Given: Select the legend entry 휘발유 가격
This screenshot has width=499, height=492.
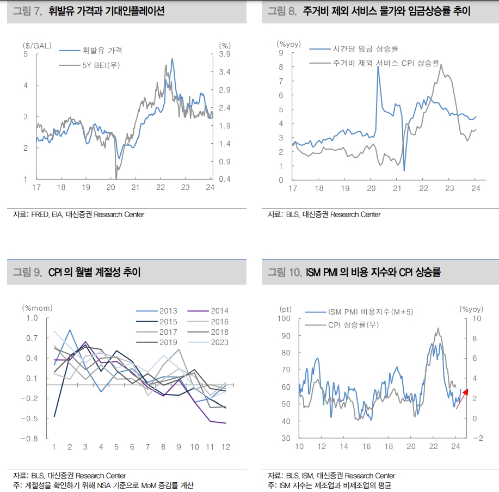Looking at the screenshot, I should [102, 51].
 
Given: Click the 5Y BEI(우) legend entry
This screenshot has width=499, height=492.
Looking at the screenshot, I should [101, 66].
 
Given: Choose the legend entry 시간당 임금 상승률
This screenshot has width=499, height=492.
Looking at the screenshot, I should [366, 49].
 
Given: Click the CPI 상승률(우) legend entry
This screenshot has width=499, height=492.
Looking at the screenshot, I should [353, 325].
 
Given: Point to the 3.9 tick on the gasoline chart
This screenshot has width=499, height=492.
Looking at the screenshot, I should [225, 54].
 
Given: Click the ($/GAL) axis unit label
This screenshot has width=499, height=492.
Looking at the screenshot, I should [37, 46].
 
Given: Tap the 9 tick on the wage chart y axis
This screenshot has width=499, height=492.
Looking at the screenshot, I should [281, 53].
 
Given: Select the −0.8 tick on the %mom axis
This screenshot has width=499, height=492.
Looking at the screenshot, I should [29, 439].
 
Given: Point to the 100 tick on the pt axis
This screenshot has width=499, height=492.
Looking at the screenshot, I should [285, 318].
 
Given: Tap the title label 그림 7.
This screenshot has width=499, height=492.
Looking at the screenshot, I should [27, 11].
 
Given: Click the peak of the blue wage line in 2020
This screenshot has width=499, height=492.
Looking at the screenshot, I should [378, 67].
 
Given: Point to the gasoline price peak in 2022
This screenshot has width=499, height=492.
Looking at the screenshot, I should [172, 59].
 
